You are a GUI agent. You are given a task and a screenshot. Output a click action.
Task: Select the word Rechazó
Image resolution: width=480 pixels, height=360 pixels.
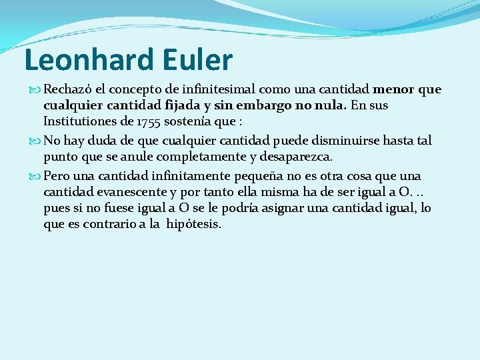[67, 89]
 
